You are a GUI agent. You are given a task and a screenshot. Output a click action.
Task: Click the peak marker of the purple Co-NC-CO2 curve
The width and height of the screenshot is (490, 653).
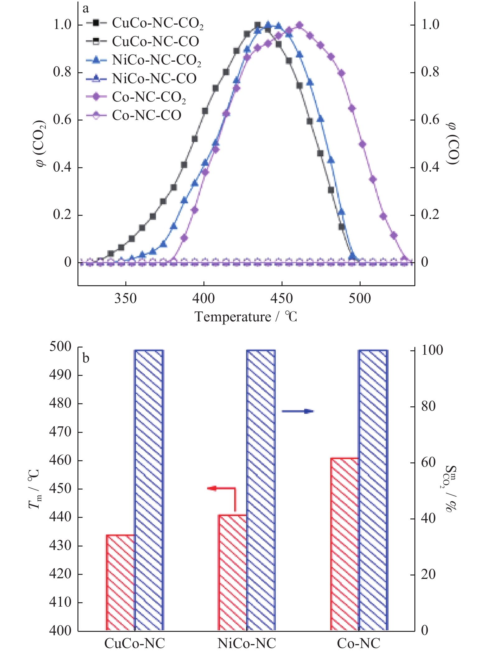299,25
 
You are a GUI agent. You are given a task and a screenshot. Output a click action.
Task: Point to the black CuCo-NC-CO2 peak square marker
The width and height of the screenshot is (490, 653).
258,25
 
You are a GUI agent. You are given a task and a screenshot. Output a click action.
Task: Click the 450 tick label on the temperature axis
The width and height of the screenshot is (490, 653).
282,298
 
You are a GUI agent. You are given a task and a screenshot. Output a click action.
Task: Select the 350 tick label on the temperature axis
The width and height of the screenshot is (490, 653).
125,298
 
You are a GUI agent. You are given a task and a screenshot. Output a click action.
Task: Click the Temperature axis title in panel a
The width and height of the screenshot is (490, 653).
246,317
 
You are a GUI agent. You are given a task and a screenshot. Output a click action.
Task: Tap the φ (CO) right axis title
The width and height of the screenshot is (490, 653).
452,143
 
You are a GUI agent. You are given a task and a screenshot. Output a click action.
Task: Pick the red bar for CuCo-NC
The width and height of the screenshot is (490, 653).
121,582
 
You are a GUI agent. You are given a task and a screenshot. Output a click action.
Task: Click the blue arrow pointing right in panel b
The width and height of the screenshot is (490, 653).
298,411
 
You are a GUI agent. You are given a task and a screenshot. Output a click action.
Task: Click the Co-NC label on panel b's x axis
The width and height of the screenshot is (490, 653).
358,643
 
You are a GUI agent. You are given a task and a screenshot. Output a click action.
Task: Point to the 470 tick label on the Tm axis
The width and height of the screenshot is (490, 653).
60,432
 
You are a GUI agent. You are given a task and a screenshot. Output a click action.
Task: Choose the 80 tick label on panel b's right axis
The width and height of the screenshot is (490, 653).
428,406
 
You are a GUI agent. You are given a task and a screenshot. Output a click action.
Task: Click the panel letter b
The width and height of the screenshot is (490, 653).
86,358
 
